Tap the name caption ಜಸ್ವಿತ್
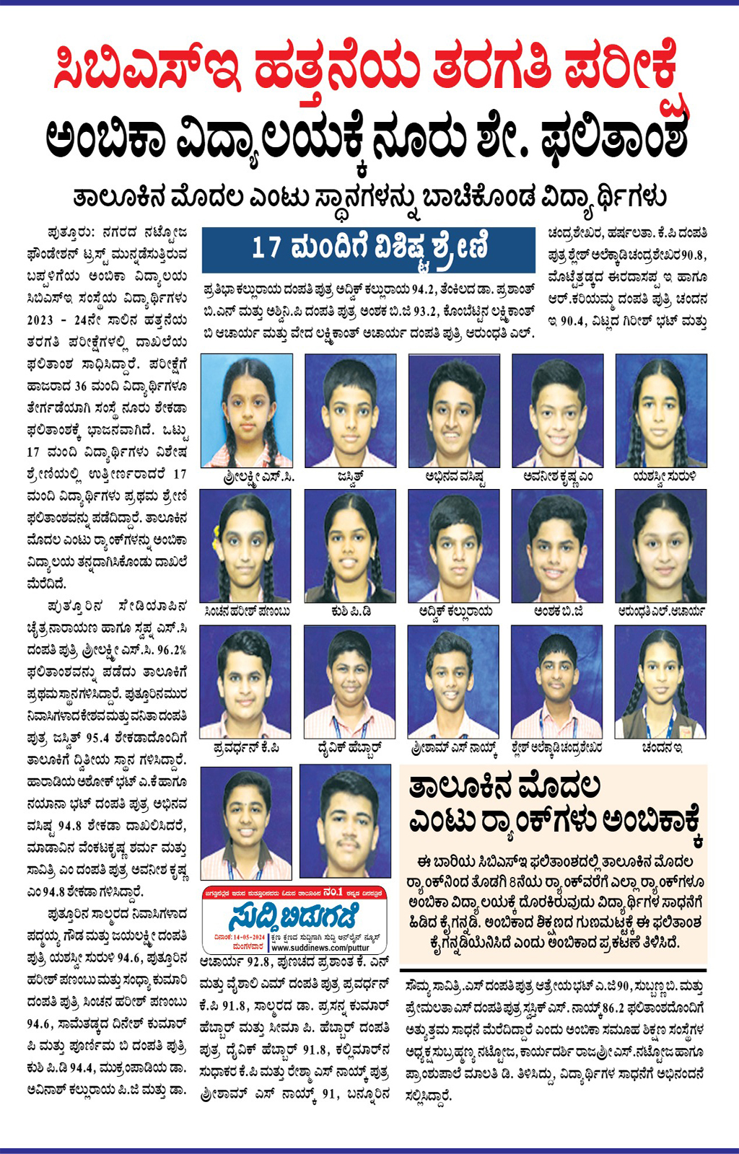349,477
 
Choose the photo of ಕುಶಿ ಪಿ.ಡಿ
350,545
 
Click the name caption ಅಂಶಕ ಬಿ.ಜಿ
558,612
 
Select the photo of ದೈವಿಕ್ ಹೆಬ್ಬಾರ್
350,682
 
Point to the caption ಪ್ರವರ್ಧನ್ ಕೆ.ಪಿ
246,748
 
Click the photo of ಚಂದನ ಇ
660,682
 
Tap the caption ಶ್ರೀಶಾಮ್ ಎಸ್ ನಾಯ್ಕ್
453,748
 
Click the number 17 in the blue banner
266,249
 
